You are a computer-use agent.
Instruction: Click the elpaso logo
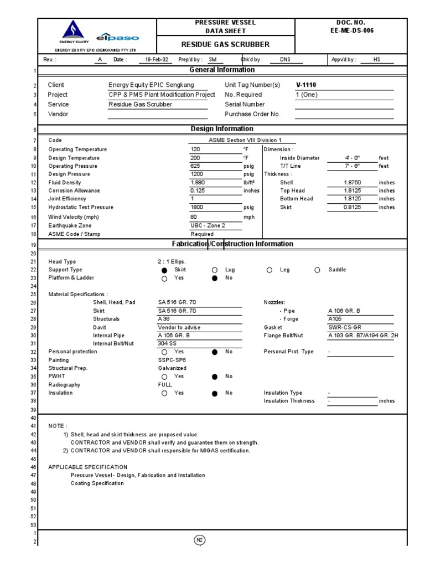pyautogui.click(x=117, y=38)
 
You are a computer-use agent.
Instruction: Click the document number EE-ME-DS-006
pyautogui.click(x=351, y=30)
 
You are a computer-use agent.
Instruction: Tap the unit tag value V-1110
pyautogui.click(x=307, y=85)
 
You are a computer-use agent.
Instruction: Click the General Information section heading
pyautogui.click(x=222, y=70)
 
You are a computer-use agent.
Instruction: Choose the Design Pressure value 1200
pyautogui.click(x=196, y=174)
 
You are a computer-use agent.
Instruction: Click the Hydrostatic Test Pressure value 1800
pyautogui.click(x=196, y=207)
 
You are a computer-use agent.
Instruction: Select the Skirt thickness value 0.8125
pyautogui.click(x=353, y=207)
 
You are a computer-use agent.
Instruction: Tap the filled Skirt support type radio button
pyautogui.click(x=164, y=270)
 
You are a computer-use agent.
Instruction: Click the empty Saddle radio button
pyautogui.click(x=317, y=270)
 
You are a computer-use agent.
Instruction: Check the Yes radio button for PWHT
pyautogui.click(x=164, y=376)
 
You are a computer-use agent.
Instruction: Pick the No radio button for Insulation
pyautogui.click(x=215, y=394)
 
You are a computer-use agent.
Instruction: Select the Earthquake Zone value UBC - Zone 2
pyautogui.click(x=208, y=225)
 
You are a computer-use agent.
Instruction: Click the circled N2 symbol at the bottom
pyautogui.click(x=200, y=541)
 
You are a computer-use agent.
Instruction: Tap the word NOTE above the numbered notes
pyautogui.click(x=58, y=426)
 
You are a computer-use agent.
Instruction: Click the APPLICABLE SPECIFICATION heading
pyautogui.click(x=83, y=467)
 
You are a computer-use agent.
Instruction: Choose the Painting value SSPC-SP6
pyautogui.click(x=172, y=360)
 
